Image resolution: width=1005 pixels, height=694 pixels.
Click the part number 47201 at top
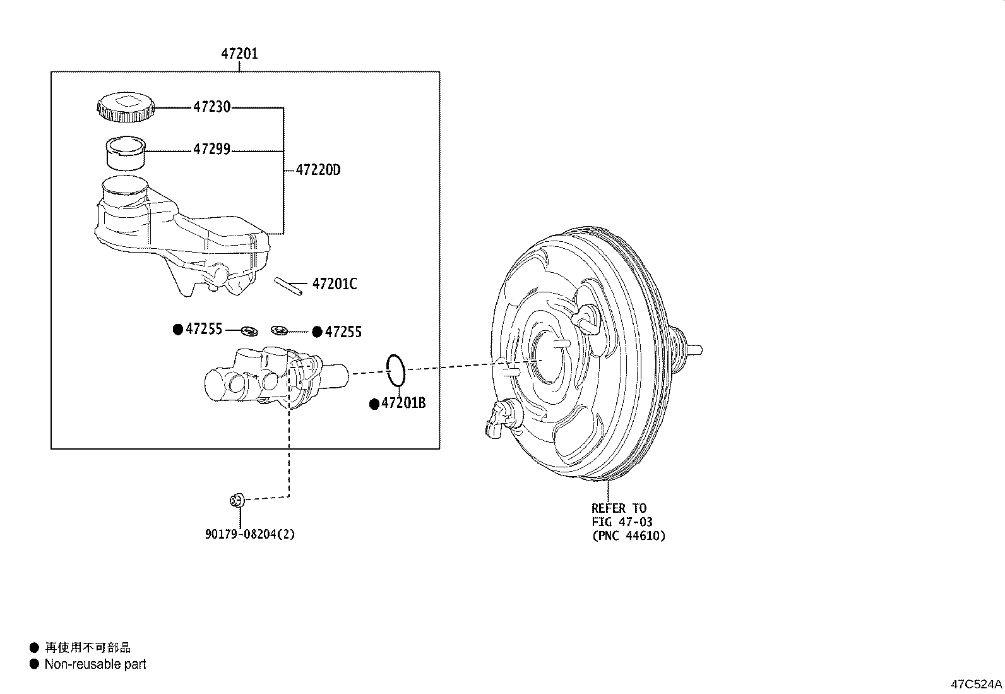239,54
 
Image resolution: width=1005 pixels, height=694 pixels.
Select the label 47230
211,107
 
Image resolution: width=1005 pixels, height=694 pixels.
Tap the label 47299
211,150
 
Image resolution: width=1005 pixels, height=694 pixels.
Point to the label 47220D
318,170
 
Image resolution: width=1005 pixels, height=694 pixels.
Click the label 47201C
334,284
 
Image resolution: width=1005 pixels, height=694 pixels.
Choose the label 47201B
403,403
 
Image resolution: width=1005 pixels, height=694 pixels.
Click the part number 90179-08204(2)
250,534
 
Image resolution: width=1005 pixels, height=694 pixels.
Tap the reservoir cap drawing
126,105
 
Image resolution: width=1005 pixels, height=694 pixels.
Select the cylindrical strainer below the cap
125,153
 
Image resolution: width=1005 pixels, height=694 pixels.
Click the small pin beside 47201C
286,285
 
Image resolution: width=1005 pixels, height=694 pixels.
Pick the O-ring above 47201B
395,370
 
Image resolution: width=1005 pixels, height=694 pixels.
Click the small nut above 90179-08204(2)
237,501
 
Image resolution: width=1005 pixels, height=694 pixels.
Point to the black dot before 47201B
374,404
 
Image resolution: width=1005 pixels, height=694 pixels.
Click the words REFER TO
619,508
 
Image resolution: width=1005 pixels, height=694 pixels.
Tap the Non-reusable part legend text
95,664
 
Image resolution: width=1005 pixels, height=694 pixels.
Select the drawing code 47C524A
977,684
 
